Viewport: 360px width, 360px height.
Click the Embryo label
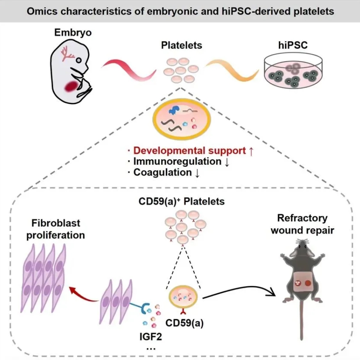(x=73, y=32)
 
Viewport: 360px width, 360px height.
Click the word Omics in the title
(x=41, y=11)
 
